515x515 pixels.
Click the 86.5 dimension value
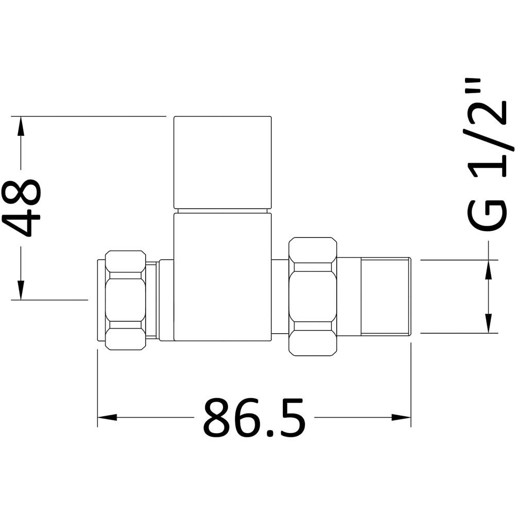pos(254,418)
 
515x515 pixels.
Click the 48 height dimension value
pos(22,208)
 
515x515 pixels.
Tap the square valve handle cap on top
pos(222,162)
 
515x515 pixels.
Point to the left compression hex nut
pos(125,300)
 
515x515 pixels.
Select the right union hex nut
pos(313,296)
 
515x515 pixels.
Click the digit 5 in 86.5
pos(290,418)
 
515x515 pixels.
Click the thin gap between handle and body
pos(222,211)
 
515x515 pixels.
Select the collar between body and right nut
pos(280,297)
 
